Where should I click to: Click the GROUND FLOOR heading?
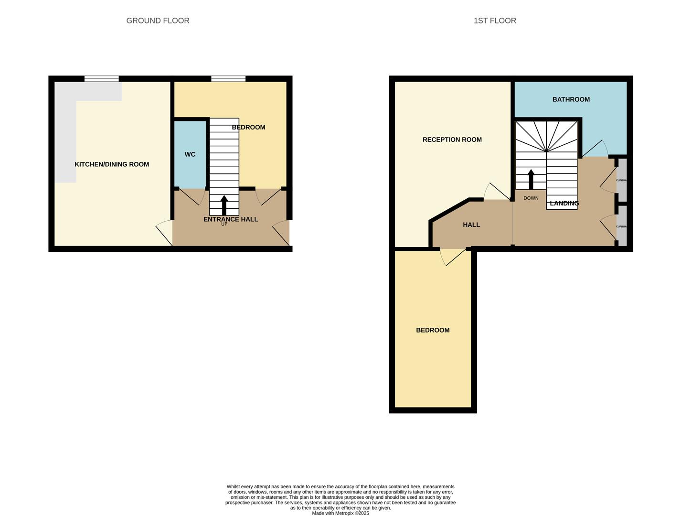point(158,21)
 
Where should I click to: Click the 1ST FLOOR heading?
point(495,21)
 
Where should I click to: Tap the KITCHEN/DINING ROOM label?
point(112,164)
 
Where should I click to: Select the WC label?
point(190,154)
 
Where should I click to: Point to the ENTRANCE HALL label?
point(231,219)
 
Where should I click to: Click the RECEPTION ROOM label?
point(452,140)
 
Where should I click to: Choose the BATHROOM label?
point(571,99)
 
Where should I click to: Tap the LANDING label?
point(564,203)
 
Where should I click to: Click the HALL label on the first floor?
point(471,225)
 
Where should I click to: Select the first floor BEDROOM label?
point(433,330)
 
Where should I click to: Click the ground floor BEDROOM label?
point(248,127)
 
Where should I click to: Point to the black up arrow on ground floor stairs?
point(224,205)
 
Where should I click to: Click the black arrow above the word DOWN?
point(531,179)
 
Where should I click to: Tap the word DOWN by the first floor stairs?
point(531,198)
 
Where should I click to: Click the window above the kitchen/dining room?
point(102,79)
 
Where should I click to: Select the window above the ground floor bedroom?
point(228,79)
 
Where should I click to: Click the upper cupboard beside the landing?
point(621,181)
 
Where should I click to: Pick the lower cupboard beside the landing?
point(621,226)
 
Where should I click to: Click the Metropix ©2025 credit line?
point(340,513)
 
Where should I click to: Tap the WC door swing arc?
point(196,197)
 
